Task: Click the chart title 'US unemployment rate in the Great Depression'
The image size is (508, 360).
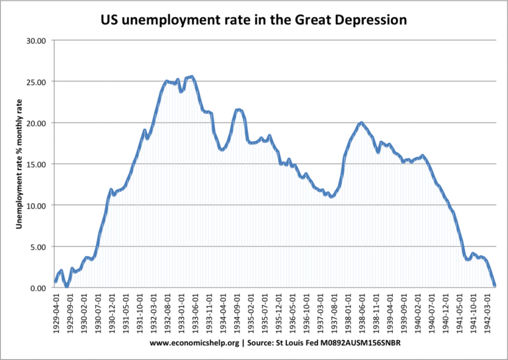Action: pos(253,21)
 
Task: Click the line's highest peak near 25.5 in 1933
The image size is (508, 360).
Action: pos(191,77)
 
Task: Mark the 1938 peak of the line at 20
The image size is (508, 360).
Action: pos(361,122)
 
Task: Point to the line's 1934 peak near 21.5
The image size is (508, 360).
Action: pos(239,110)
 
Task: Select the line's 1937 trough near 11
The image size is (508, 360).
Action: pos(332,197)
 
